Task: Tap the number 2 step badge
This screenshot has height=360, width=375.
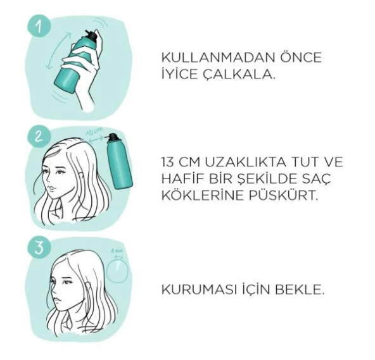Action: pyautogui.click(x=40, y=136)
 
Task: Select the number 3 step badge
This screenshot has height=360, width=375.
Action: pyautogui.click(x=40, y=247)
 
